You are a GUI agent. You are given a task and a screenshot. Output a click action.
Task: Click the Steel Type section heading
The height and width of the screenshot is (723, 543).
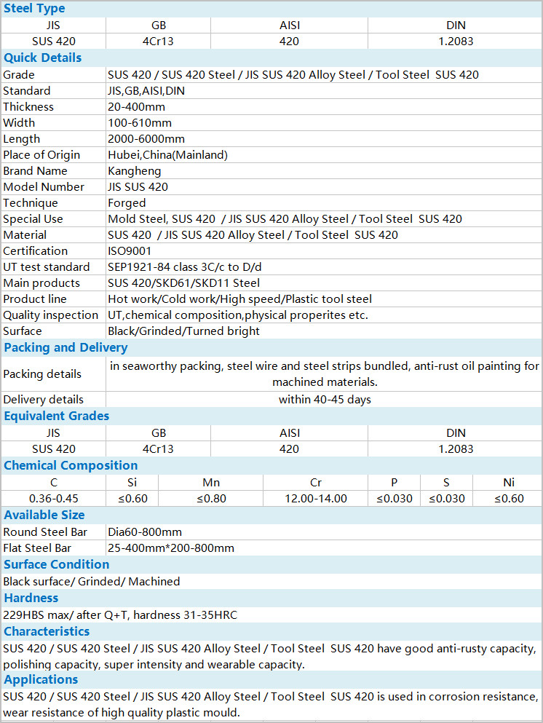(34, 9)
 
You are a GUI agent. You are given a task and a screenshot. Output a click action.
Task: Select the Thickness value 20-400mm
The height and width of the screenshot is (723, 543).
(137, 107)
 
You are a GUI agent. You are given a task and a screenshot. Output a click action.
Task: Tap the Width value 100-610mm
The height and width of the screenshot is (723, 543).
(137, 123)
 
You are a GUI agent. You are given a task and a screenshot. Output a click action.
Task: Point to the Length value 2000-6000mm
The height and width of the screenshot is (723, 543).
(146, 139)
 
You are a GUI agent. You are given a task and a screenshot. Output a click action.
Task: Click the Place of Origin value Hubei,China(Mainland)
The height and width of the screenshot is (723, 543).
(167, 155)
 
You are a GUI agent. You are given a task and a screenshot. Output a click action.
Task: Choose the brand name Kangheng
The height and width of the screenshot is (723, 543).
(134, 171)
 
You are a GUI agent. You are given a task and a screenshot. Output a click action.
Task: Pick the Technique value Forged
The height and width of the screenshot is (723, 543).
(127, 203)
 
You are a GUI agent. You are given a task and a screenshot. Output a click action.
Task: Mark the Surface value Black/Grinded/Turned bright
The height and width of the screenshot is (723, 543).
(183, 331)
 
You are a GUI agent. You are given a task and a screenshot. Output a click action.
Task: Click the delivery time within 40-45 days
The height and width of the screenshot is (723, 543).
(325, 400)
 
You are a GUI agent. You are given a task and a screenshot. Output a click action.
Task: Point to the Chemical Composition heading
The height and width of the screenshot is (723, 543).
(71, 466)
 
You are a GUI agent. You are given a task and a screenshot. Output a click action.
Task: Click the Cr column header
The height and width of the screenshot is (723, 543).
(315, 483)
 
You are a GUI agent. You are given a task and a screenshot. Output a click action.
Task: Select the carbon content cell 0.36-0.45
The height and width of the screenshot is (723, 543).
(53, 499)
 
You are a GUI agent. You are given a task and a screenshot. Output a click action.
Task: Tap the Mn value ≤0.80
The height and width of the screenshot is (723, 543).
(211, 499)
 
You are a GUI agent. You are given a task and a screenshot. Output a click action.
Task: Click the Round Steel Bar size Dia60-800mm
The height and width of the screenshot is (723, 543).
(145, 532)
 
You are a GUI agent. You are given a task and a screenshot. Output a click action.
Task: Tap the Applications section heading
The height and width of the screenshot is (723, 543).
(41, 680)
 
